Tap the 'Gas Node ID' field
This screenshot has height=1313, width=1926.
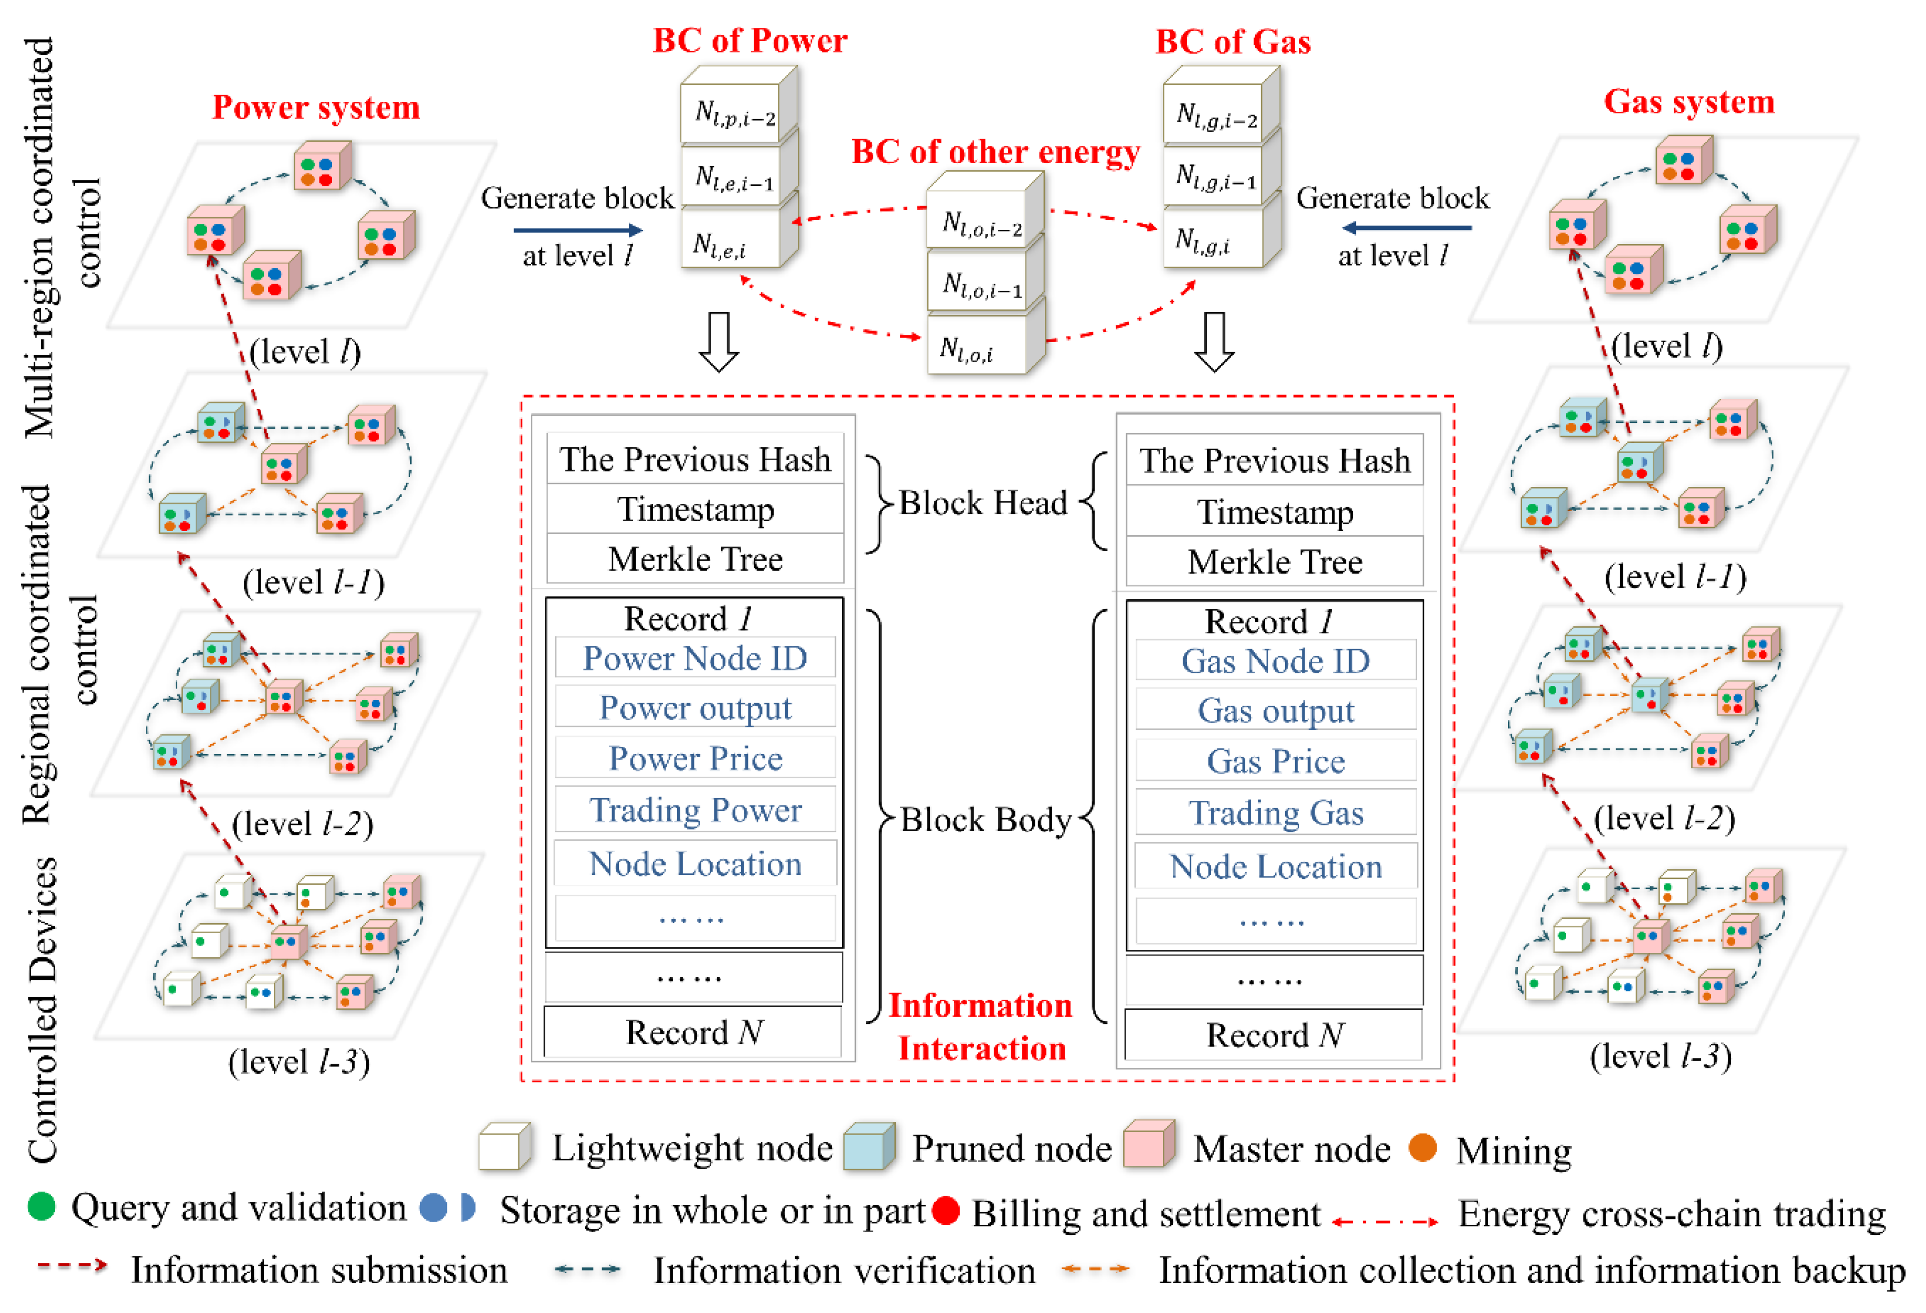1275,661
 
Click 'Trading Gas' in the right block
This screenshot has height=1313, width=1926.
1275,812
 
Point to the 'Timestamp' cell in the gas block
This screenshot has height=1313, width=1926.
1275,512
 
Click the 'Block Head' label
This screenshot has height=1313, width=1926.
983,502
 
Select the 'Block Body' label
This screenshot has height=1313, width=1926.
986,819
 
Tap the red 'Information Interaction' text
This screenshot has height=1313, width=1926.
980,1026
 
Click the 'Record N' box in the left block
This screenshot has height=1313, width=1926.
693,1032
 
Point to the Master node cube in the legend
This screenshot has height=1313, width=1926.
1148,1144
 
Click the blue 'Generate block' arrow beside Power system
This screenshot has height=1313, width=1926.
577,230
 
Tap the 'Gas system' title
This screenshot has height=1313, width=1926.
1688,102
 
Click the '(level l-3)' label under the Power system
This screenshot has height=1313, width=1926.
298,1061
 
